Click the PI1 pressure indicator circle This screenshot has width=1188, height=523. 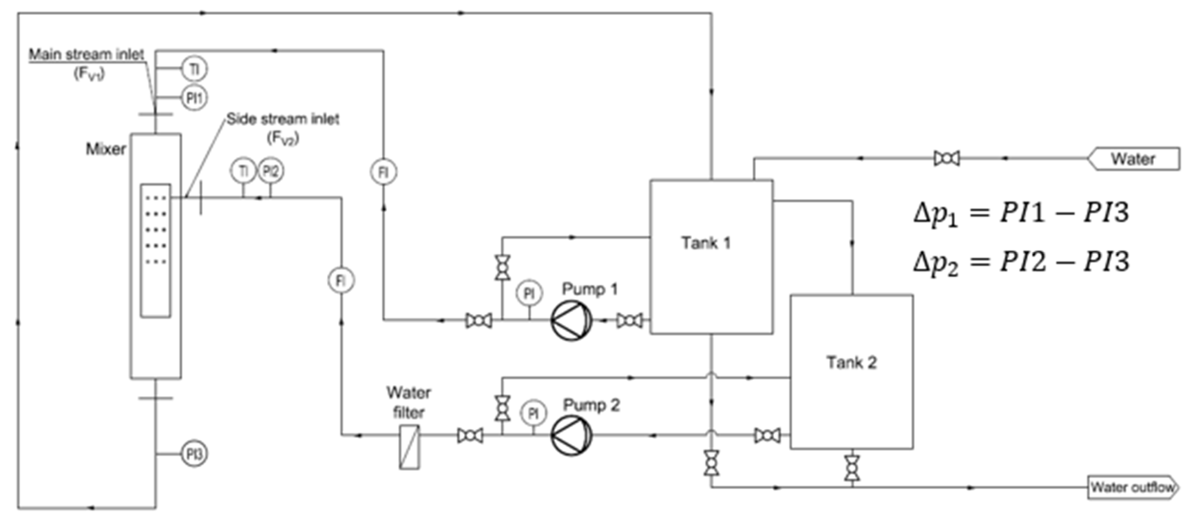point(194,98)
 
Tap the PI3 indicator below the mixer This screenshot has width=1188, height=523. point(194,455)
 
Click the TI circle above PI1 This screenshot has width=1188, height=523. point(194,70)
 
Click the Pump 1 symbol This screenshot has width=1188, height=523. point(571,321)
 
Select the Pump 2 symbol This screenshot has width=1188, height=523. point(571,435)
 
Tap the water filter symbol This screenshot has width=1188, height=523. point(410,447)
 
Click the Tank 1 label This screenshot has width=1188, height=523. point(706,243)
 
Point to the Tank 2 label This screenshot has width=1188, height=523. point(851,363)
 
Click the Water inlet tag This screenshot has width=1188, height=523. point(1132,159)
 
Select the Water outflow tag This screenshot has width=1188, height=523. point(1132,487)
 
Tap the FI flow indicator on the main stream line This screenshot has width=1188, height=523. point(383,172)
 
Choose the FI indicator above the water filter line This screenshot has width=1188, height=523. point(341,280)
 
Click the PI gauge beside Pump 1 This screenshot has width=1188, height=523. point(530,293)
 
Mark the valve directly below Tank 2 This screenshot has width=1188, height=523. point(852,468)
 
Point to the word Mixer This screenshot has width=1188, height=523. point(106,149)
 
